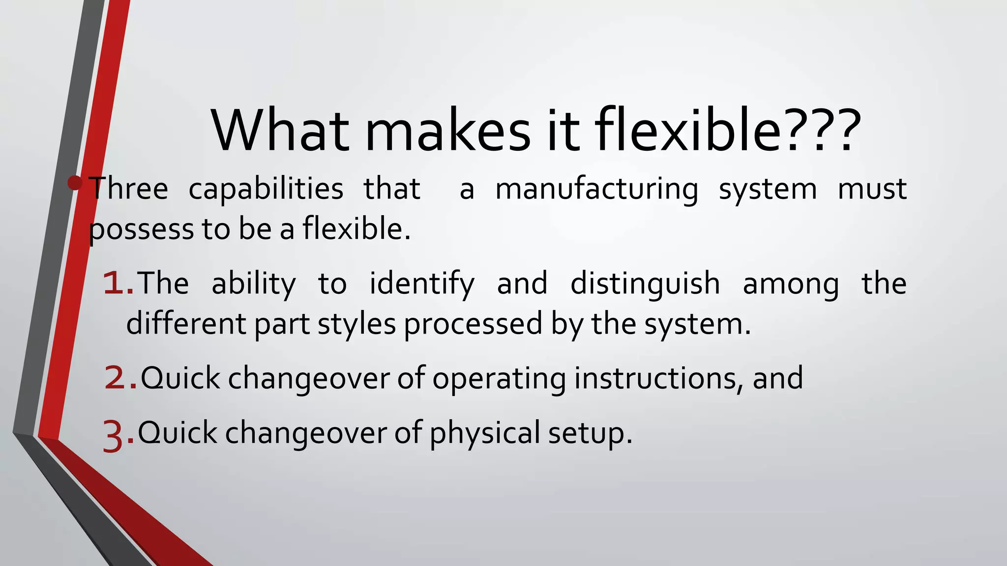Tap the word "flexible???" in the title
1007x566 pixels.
tap(728, 130)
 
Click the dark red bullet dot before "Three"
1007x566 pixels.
tap(75, 183)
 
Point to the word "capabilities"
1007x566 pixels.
tap(266, 189)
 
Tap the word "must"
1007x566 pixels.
tap(872, 189)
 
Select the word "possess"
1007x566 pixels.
tap(141, 230)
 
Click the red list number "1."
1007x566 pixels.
tap(118, 284)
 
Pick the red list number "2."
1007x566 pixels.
tap(120, 378)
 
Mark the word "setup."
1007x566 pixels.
tap(590, 434)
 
